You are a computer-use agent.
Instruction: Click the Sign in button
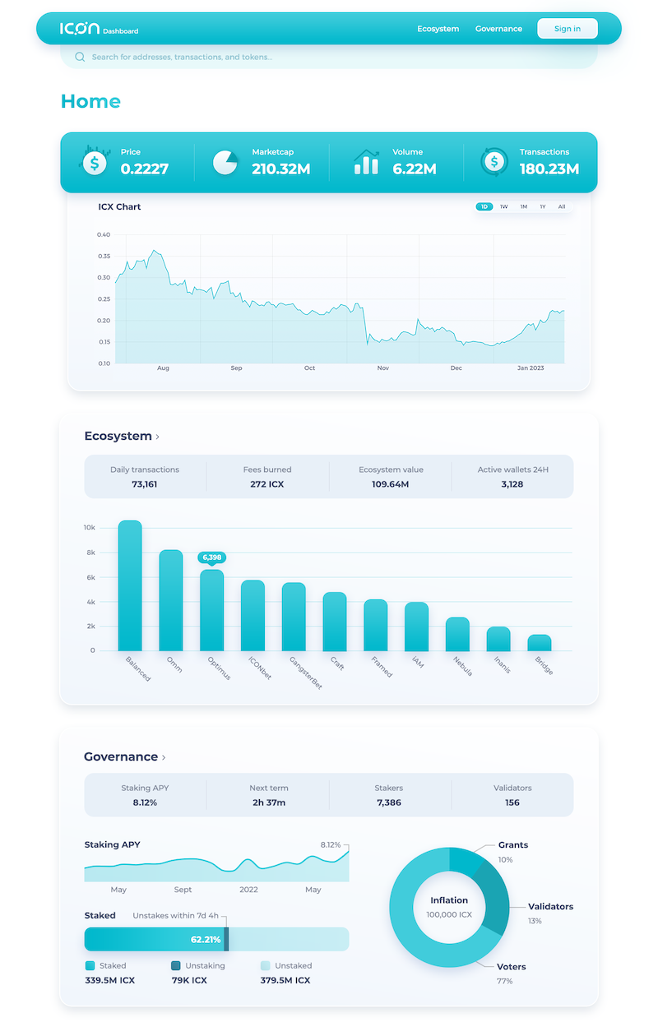567,29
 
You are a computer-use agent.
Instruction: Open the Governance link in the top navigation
498,29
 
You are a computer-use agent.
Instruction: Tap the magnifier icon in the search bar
80,57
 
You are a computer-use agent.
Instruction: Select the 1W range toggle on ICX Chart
503,206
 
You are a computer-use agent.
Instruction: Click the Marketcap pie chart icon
225,162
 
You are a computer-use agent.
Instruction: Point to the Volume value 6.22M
414,169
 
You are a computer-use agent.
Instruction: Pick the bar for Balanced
130,585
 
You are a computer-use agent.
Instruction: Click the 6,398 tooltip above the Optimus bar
211,557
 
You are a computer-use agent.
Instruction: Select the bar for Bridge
540,642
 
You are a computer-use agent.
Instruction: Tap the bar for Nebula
457,634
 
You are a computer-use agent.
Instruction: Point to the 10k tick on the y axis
90,527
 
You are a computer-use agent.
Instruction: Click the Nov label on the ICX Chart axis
382,368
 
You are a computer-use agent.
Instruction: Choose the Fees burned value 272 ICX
267,484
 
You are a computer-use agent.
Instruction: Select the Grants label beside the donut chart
513,845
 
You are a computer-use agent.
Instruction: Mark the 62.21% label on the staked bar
206,939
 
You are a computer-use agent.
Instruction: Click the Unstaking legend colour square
176,966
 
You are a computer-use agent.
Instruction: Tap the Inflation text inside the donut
449,900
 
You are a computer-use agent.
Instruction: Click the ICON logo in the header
80,29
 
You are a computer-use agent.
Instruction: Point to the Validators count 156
512,802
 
